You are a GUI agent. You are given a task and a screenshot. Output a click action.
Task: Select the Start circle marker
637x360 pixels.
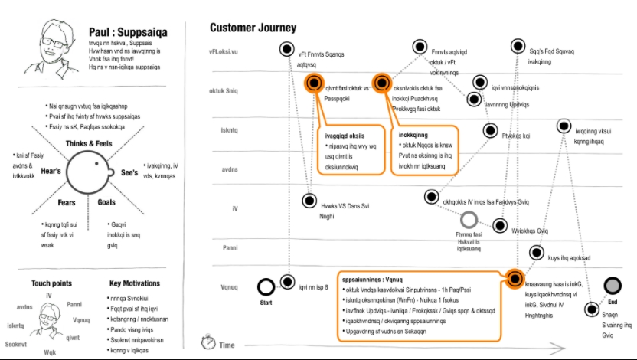[266, 287]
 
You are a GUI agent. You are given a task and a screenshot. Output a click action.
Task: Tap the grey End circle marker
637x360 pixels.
[612, 286]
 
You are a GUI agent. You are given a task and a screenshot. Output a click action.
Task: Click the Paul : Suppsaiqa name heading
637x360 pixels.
[128, 33]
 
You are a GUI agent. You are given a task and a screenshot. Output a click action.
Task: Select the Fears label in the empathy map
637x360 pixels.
[67, 203]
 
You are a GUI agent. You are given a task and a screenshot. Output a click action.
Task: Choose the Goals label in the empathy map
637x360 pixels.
[106, 203]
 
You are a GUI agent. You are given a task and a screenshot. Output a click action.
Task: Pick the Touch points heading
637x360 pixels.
[51, 283]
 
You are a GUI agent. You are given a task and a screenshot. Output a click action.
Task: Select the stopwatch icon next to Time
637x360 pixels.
[207, 342]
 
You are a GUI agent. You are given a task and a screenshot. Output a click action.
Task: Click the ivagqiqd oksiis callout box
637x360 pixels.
[349, 150]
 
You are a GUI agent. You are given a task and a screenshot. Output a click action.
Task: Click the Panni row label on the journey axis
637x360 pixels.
[230, 248]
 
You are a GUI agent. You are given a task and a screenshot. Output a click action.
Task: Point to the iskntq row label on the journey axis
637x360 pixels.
[230, 130]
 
